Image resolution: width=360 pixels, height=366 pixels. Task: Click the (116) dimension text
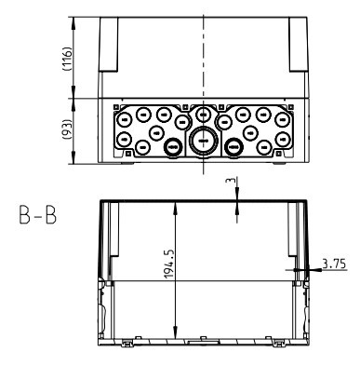67,59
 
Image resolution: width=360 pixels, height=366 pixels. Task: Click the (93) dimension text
67,129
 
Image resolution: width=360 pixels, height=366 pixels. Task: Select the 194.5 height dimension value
169,264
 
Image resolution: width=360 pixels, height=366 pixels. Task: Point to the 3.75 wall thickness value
334,264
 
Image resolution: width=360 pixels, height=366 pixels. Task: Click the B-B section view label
38,215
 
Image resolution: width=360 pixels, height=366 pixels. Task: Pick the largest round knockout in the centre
204,141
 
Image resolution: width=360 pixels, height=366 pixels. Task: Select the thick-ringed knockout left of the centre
173,146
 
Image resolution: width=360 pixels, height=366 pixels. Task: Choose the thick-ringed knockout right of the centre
233,146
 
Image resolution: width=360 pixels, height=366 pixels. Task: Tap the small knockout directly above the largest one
203,115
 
